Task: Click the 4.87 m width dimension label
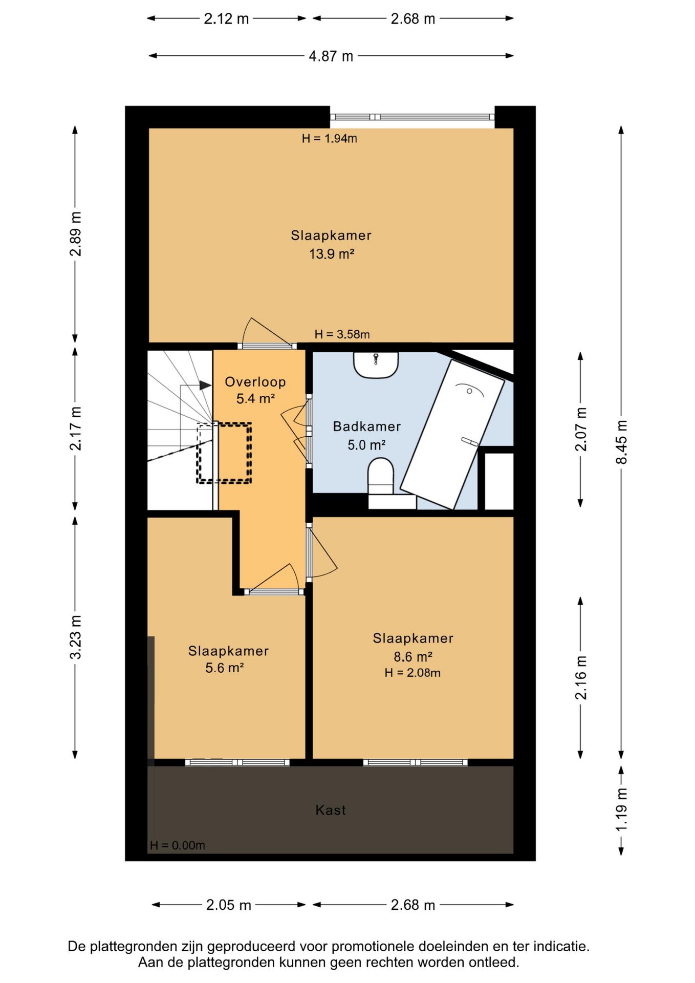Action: coord(331,56)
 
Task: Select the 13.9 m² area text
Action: coord(332,254)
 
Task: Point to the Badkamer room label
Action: coord(366,426)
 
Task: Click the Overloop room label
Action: coord(255,382)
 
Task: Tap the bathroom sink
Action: coord(376,364)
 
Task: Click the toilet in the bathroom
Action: coord(381,477)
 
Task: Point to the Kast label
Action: coord(331,810)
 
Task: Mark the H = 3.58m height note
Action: coord(342,334)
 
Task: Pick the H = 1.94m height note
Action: coord(330,138)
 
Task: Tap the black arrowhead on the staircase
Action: coord(205,386)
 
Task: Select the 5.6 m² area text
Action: coord(224,668)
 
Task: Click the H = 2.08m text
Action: coord(412,673)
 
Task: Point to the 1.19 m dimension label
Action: coord(621,810)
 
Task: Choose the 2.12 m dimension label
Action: coord(226,19)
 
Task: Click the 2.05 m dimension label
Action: coord(228,905)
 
